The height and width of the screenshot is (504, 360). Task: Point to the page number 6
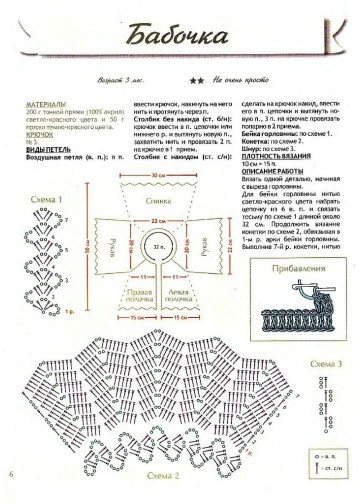pyautogui.click(x=11, y=472)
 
